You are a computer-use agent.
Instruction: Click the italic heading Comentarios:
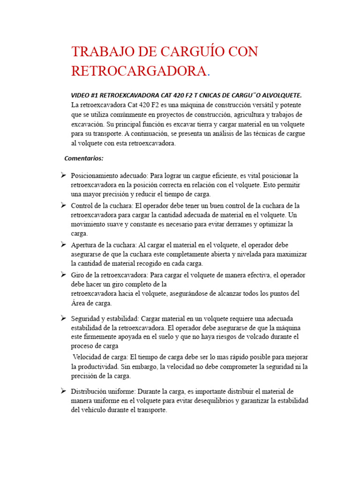click(84, 158)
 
